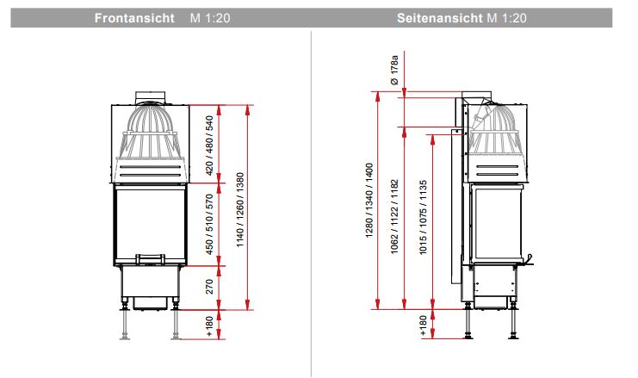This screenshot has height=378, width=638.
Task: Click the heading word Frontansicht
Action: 134,18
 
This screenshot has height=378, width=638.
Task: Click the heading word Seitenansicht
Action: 439,18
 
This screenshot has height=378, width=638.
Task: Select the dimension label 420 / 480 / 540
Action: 209,146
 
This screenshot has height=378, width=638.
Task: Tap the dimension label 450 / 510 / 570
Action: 209,224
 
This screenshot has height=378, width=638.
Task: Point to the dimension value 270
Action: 209,287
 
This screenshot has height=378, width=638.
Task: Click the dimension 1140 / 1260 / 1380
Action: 240,209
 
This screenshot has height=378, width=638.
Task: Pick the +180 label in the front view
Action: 209,326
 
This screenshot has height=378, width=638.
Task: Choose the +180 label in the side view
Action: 423,325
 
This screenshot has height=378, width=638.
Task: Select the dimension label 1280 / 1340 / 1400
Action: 369,200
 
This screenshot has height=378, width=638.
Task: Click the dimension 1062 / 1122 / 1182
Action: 394,217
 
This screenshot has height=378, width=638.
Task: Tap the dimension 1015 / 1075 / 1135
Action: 423,218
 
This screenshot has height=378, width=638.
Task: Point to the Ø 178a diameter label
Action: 393,70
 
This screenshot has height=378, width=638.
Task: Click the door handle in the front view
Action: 150,259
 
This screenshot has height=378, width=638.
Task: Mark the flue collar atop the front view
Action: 150,98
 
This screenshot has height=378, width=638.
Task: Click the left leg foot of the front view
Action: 125,337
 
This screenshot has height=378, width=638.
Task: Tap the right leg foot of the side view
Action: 513,336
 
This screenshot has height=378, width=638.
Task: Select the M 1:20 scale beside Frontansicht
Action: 210,18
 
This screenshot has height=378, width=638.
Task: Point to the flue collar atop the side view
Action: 476,97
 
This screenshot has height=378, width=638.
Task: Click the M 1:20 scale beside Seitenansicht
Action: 506,18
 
